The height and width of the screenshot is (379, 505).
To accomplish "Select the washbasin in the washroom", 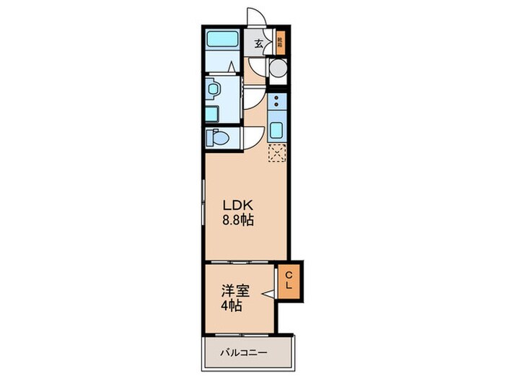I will [213, 90].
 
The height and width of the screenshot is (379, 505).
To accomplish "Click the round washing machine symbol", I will [277, 69].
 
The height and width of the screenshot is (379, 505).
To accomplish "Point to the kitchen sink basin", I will [277, 131].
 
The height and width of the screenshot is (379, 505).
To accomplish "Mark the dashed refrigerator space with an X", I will [277, 152].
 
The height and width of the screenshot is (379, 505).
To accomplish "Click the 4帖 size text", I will [231, 306].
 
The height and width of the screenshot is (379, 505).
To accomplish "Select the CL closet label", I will [289, 280].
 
